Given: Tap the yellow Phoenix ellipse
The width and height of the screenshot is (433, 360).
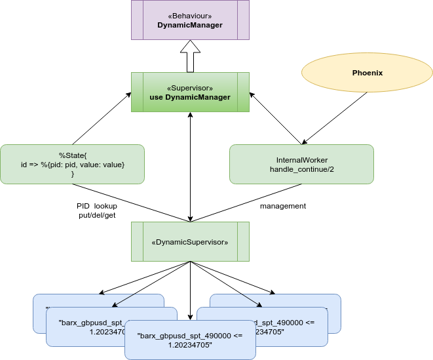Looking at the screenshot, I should tap(367, 73).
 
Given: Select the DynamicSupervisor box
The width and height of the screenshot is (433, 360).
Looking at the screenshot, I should tap(190, 242).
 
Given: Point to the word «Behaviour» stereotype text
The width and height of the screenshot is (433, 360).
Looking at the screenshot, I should tap(190, 14).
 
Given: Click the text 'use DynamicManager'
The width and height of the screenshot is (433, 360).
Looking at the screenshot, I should tap(190, 97).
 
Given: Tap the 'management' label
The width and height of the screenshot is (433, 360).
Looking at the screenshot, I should tap(283, 206).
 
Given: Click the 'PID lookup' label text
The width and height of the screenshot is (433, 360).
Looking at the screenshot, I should tap(97, 206).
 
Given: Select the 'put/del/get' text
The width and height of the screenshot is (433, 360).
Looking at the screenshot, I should tap(97, 215).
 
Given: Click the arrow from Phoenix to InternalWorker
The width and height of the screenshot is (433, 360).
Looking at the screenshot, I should tap(334, 118).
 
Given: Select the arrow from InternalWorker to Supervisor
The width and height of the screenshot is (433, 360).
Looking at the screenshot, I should tap(275, 118).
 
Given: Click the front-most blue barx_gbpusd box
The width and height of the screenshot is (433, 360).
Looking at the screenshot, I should tap(190, 340).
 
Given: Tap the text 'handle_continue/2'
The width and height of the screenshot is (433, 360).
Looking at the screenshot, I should tap(301, 169).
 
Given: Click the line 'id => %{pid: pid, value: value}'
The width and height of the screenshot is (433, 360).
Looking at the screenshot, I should tap(72, 164).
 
